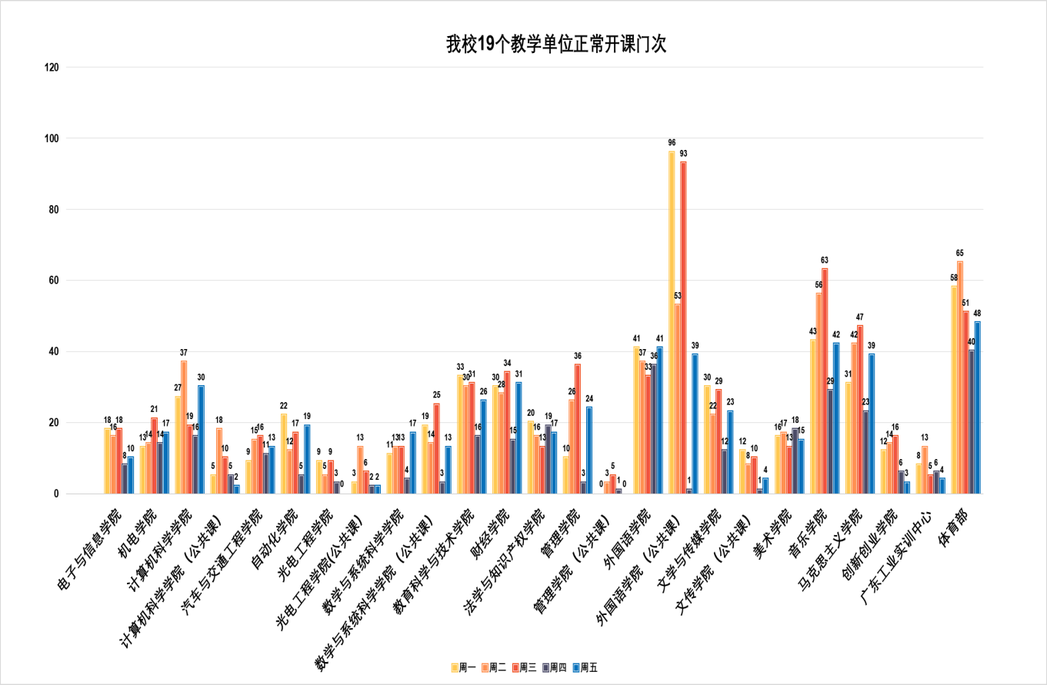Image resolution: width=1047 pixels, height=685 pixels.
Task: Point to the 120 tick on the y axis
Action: (52, 68)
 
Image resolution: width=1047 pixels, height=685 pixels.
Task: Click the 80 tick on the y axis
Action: (52, 210)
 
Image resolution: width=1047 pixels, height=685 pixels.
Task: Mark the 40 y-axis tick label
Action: (52, 352)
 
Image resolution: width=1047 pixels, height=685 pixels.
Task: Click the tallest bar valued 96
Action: (672, 323)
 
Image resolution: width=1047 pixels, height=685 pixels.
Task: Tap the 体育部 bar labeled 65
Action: (960, 377)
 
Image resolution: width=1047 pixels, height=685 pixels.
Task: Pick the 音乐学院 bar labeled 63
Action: (825, 381)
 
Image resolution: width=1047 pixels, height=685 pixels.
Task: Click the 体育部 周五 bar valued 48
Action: (977, 407)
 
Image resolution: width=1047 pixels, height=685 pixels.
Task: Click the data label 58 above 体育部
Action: (954, 278)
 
